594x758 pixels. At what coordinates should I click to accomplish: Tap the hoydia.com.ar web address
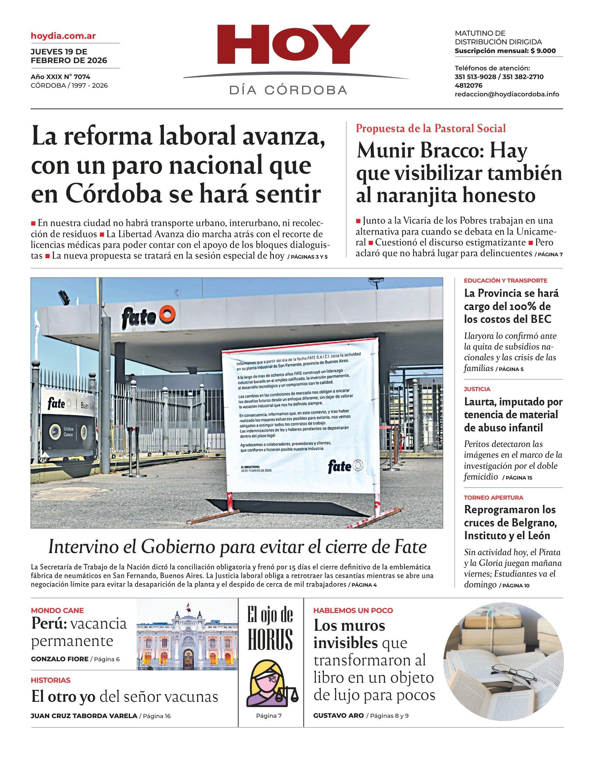[63, 36]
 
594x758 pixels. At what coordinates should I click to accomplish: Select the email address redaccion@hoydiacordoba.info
[507, 94]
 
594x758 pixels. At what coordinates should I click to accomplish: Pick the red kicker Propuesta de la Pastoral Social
[431, 129]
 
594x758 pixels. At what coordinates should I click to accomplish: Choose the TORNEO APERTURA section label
[493, 498]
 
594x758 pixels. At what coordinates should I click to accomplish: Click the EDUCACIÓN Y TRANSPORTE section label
[505, 281]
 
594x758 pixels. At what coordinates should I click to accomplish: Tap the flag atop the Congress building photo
[188, 607]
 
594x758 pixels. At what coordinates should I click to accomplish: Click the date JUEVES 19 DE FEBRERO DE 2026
[69, 56]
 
